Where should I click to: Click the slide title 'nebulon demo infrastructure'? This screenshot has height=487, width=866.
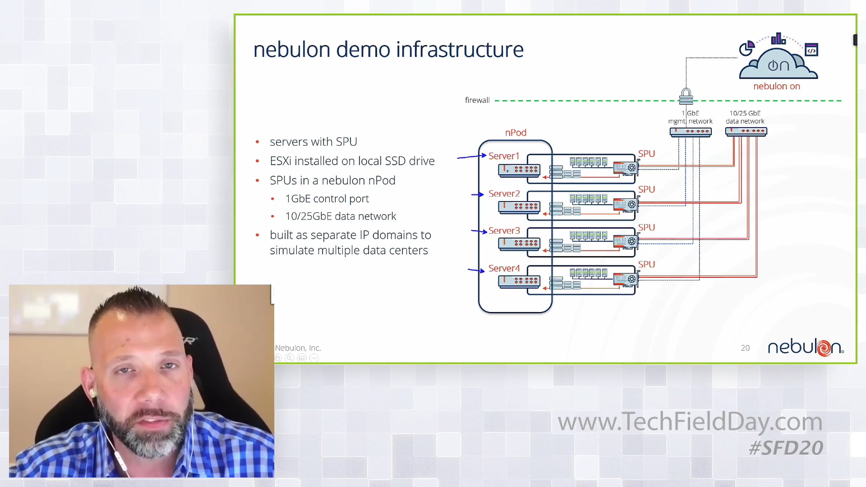388,49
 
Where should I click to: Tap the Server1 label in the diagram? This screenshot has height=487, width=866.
504,156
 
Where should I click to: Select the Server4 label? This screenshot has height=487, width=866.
504,268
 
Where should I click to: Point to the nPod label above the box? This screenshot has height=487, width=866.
516,133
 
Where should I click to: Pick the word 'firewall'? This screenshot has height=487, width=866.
477,100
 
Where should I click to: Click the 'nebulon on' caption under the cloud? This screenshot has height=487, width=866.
777,87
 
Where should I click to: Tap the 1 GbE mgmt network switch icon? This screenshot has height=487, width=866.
690,132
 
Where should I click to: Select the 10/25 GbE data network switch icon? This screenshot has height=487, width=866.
746,132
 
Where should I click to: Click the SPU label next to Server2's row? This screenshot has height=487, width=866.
646,189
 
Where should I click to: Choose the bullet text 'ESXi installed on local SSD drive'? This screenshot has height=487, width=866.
352,161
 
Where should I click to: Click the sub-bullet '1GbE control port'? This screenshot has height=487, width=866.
327,199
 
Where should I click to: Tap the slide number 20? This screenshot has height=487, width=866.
745,348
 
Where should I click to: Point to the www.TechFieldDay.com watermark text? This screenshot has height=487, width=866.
690,422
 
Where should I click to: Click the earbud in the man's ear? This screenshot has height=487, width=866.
93,392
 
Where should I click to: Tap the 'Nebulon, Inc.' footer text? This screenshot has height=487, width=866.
298,348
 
